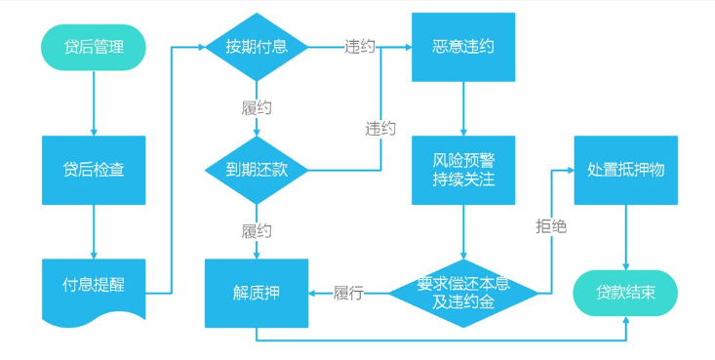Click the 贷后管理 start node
tap(93, 47)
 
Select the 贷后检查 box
tap(93, 170)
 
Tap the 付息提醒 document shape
tap(93, 287)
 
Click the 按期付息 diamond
tap(256, 47)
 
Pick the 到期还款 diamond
tap(256, 170)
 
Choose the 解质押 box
tap(256, 292)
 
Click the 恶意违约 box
tap(463, 47)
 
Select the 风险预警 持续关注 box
tap(463, 170)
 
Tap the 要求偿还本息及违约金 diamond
tap(463, 292)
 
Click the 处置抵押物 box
tap(625, 170)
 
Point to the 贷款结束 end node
tap(625, 293)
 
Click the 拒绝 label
tap(551, 226)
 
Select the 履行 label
tap(348, 292)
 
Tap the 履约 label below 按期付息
tap(256, 107)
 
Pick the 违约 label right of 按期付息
tap(359, 47)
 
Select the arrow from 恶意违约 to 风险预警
tap(463, 109)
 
